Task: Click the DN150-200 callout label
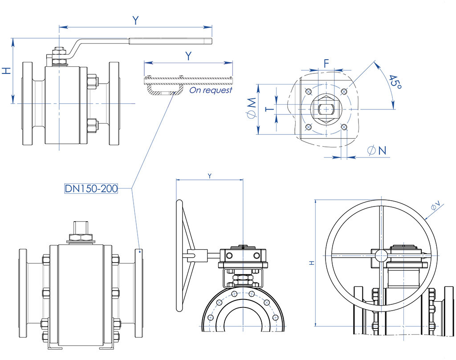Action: click(x=91, y=189)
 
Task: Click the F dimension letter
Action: click(x=326, y=63)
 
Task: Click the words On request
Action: click(x=211, y=90)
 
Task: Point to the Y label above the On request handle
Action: click(x=189, y=56)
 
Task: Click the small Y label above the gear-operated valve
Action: click(x=210, y=176)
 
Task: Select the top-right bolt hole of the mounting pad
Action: click(x=343, y=92)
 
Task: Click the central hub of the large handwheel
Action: click(x=381, y=255)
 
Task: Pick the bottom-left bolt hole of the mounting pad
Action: click(x=308, y=127)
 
